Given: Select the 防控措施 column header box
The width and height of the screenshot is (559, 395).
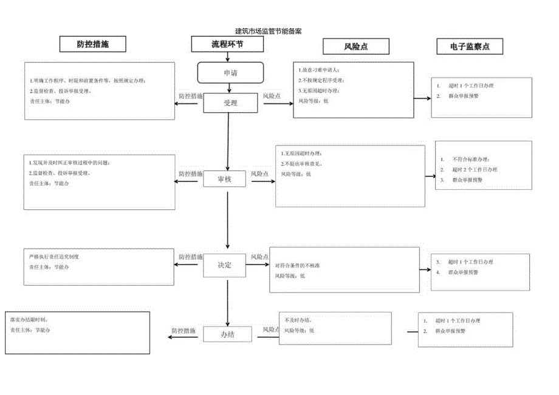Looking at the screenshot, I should point(93,45).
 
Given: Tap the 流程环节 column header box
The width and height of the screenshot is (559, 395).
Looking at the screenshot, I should point(228,44).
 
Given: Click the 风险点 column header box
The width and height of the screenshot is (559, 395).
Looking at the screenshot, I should point(356,46).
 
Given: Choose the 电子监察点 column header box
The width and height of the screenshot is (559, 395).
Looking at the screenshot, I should point(470,46).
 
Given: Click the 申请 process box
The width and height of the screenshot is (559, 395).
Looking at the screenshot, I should point(230,73).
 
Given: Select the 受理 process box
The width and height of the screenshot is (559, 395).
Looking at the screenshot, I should point(230,103).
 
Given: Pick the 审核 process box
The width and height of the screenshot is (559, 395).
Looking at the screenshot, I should point(225,179).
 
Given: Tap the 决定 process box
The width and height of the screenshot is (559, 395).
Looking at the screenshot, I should point(225,266).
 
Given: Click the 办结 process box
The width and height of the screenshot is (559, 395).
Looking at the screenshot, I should point(227,334).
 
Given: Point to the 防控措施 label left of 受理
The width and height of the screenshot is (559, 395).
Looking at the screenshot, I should point(190,96).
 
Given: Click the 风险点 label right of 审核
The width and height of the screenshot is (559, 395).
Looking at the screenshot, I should point(260,174).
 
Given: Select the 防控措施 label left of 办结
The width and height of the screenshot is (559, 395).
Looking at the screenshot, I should point(183,331).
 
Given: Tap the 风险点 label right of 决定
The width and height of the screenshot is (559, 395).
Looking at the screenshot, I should point(260,257).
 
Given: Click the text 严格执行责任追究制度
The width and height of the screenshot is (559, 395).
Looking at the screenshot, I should point(54,257).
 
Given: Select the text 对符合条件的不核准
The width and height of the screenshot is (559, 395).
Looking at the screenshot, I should point(298,266).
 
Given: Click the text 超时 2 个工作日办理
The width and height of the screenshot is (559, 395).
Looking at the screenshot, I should point(473,169).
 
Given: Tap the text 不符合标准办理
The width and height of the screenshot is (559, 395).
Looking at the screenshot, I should point(470,159).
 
